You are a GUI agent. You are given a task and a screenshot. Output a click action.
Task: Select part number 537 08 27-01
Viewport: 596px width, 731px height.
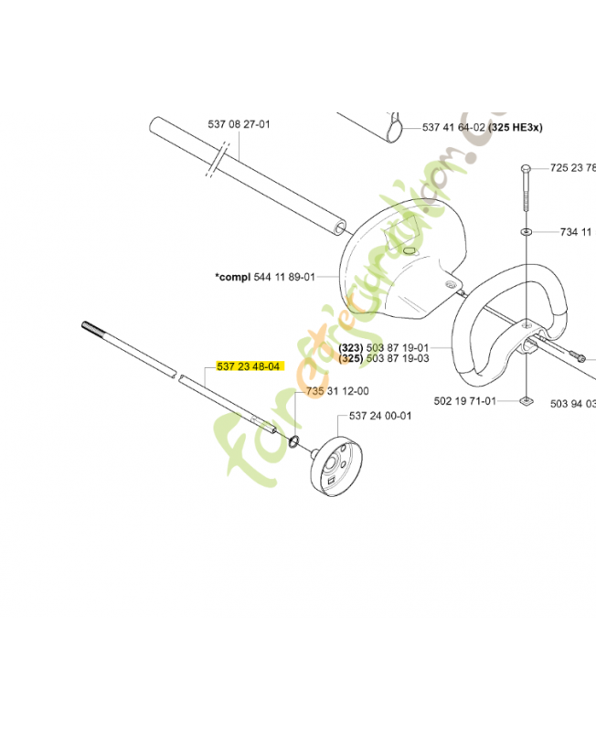239,124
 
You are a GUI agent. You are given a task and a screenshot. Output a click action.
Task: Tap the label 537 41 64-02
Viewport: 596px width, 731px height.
454,128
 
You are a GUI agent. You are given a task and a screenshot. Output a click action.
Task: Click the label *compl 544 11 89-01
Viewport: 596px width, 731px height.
265,277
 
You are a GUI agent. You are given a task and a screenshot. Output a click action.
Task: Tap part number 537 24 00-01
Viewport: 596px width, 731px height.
380,416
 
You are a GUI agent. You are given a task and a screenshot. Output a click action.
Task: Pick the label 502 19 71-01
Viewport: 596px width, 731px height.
464,400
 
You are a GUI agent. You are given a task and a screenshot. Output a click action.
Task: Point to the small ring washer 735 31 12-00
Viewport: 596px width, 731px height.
295,442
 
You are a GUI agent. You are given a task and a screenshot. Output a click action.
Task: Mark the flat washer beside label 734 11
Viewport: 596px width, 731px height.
528,232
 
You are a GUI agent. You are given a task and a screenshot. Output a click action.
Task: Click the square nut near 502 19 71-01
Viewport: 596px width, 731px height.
526,399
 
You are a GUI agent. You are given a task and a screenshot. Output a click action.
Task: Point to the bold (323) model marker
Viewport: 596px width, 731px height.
351,348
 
